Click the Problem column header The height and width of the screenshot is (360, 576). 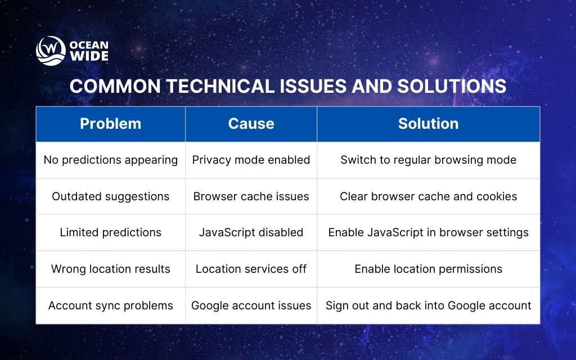110,124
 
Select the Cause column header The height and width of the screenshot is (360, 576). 251,124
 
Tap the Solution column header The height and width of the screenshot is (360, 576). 428,124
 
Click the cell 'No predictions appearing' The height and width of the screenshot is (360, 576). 110,160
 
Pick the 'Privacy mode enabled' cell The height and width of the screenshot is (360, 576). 251,160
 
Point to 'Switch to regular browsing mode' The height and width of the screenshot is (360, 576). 428,160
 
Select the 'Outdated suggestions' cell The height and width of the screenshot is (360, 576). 110,196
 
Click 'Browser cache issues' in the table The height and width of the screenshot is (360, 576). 251,196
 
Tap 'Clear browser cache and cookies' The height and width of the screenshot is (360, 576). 428,196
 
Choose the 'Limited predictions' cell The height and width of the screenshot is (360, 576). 110,232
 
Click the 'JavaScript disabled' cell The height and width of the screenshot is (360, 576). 251,232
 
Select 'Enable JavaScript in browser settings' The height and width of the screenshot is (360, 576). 428,232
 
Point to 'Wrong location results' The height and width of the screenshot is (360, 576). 110,269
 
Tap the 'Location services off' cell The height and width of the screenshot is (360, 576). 251,269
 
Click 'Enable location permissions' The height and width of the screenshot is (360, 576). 428,269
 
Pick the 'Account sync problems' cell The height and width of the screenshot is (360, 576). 110,305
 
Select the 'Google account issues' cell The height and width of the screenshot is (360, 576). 251,305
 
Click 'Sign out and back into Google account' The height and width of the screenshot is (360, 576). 428,305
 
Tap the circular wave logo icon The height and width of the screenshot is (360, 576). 51,51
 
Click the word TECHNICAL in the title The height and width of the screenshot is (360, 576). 210,86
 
